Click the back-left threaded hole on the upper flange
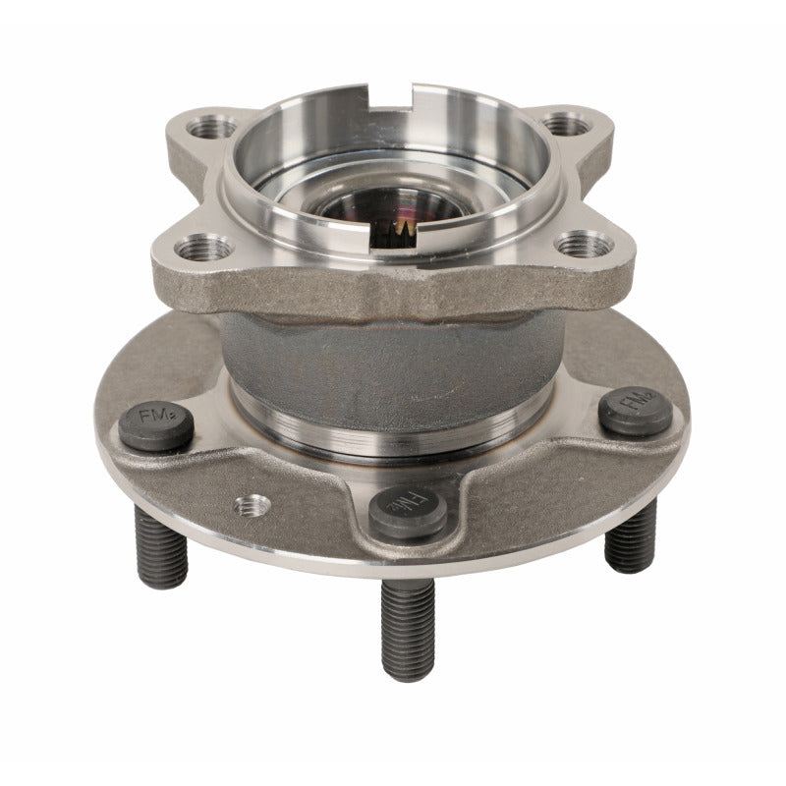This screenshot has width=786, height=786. point(213,127)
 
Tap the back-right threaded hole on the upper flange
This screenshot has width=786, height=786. point(566,125)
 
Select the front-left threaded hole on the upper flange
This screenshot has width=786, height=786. point(206,249)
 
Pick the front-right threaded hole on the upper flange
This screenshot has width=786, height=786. point(584,243)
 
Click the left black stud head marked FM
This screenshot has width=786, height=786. point(155,428)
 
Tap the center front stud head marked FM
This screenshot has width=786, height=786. point(409,512)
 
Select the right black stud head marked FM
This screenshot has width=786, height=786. point(636,411)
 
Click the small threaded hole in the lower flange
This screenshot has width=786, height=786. point(253,505)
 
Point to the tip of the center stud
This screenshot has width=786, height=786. point(409,674)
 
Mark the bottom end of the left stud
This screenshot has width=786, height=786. point(163,583)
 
